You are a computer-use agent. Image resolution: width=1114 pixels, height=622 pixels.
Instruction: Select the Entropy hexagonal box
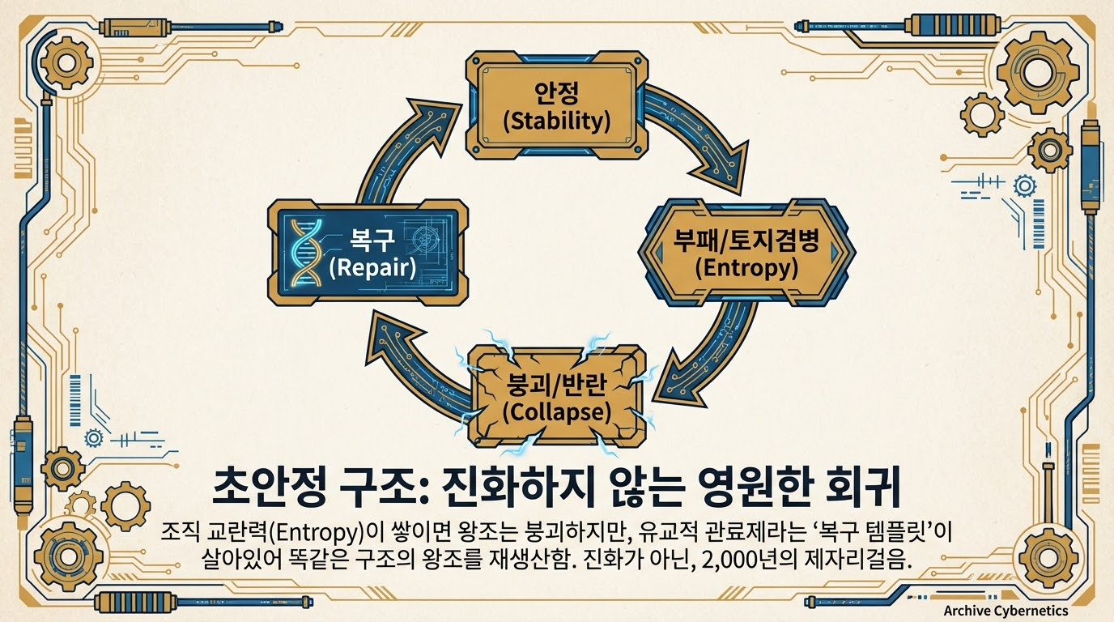point(746,251)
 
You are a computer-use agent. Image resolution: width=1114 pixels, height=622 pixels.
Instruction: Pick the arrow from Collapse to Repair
point(413,356)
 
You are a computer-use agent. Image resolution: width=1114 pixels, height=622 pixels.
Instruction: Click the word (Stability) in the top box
point(556,121)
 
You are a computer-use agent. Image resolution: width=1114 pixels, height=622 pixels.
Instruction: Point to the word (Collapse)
point(556,411)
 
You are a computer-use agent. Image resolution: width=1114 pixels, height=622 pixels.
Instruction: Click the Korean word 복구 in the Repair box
point(372,240)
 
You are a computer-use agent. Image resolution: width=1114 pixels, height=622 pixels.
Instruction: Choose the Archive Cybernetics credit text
point(1006,611)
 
